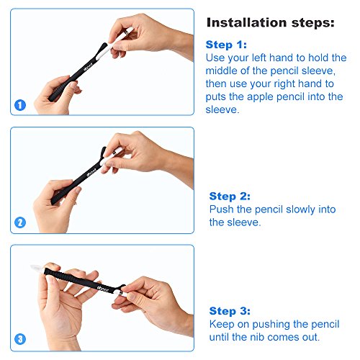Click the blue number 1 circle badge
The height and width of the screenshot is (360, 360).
pyautogui.click(x=20, y=105)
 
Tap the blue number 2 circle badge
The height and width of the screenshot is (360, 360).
pyautogui.click(x=20, y=222)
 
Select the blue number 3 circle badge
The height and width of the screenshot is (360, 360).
pyautogui.click(x=20, y=339)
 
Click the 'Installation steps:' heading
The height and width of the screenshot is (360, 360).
pyautogui.click(x=271, y=23)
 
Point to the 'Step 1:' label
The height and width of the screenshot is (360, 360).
pyautogui.click(x=226, y=45)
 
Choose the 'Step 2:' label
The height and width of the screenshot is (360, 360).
pyautogui.click(x=230, y=196)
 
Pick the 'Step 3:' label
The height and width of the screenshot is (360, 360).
pyautogui.click(x=230, y=311)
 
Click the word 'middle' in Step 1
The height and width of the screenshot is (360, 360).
pyautogui.click(x=219, y=71)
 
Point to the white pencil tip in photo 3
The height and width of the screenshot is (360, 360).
pyautogui.click(x=37, y=267)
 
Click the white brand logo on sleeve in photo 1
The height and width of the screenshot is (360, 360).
pyautogui.click(x=89, y=68)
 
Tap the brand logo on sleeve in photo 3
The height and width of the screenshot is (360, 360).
pyautogui.click(x=103, y=289)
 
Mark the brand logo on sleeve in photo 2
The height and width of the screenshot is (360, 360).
pyautogui.click(x=91, y=173)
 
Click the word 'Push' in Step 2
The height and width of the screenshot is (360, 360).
pyautogui.click(x=221, y=210)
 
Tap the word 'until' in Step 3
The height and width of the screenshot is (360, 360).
pyautogui.click(x=219, y=337)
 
